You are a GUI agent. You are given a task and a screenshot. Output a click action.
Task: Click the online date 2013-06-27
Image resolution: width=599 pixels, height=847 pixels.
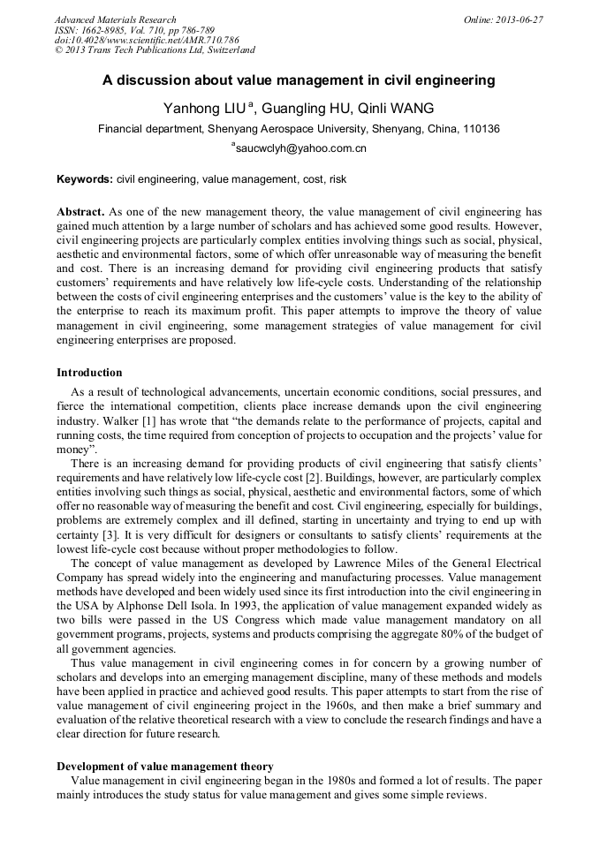(x=513, y=19)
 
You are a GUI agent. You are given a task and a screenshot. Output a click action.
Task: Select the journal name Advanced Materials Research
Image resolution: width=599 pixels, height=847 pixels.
(x=116, y=19)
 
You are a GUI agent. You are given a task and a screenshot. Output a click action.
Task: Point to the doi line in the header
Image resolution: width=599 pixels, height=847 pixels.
(x=147, y=40)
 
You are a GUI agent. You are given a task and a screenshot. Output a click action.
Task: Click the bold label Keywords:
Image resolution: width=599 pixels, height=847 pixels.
(x=85, y=179)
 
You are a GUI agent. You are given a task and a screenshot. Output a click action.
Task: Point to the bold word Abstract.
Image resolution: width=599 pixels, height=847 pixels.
(x=80, y=213)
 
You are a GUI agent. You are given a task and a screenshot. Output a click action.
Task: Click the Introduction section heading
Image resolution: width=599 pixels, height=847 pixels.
(x=89, y=373)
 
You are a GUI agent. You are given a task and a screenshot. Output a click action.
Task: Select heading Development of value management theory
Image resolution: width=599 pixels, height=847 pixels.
(x=165, y=767)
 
